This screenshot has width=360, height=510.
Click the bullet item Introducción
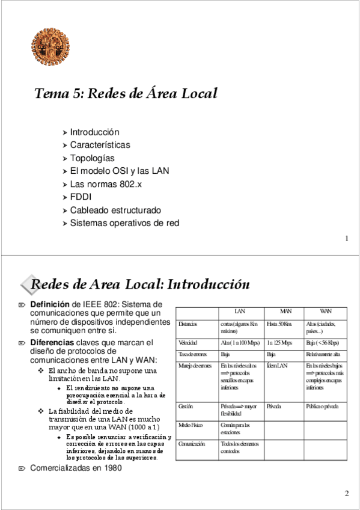94,132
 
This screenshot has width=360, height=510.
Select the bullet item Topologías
92,158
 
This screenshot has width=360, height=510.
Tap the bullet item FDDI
81,197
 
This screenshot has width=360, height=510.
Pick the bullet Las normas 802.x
106,184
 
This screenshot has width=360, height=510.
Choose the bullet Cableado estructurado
115,210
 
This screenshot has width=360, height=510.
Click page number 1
347,239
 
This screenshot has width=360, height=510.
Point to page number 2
347,494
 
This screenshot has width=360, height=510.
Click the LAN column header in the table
239,312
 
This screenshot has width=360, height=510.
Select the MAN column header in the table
285,312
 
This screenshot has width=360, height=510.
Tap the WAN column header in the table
325,312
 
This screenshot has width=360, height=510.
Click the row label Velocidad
188,343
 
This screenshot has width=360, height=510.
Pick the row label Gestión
186,407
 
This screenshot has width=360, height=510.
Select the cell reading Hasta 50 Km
279,324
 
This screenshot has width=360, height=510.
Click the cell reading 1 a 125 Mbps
279,343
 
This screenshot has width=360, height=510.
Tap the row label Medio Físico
191,425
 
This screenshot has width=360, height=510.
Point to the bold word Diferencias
53,343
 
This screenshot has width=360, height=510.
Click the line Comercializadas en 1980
76,467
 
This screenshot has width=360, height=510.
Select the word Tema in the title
49,94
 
